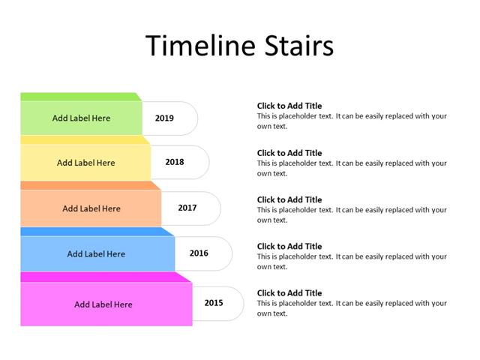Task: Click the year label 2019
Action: tap(164, 118)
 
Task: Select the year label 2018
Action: tap(174, 162)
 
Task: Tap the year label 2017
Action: tap(187, 208)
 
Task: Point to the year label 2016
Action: tap(199, 253)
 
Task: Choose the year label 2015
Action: tap(213, 303)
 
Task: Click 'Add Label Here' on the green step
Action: tap(81, 118)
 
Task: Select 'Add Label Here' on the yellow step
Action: tap(85, 163)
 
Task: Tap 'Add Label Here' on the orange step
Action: tap(91, 208)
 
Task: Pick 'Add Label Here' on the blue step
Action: tap(96, 253)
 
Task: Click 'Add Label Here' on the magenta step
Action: tap(103, 304)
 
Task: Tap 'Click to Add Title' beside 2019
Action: tap(289, 106)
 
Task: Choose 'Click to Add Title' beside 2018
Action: tap(289, 153)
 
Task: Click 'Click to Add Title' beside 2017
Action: tap(289, 199)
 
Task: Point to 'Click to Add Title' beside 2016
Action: tap(289, 246)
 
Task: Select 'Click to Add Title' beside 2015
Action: tap(289, 293)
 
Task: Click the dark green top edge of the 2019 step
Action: tap(79, 97)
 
